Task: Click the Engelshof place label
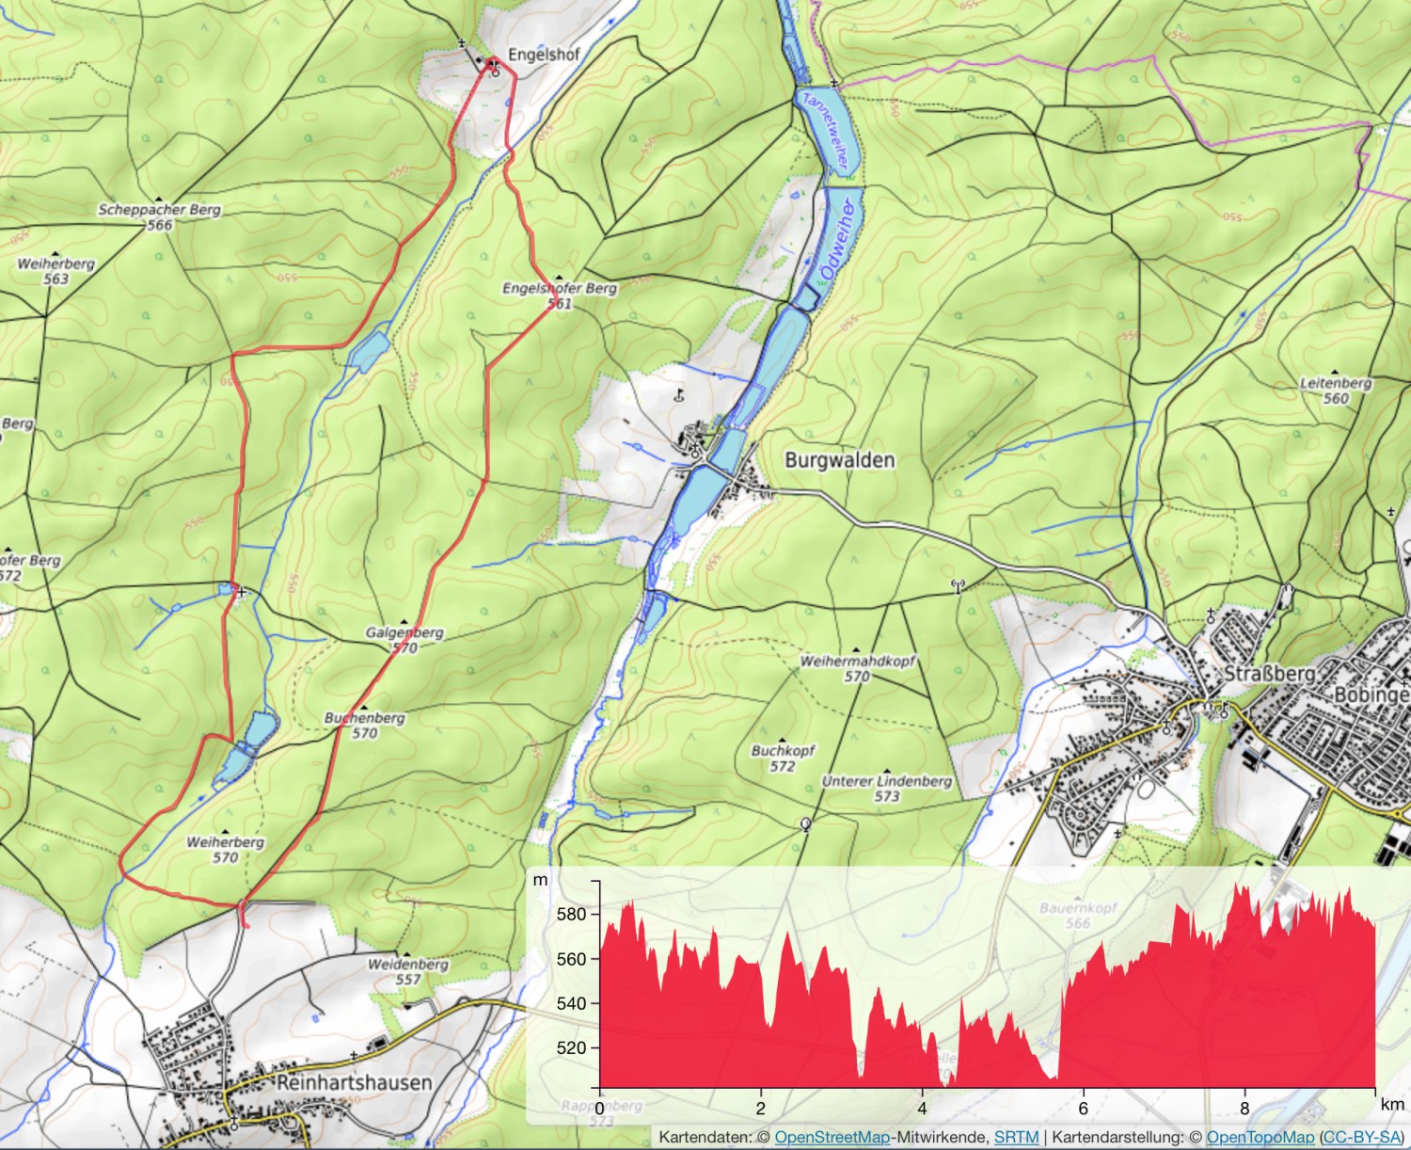(543, 55)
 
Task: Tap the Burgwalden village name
(839, 460)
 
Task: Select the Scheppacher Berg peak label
(159, 211)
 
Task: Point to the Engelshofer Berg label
(559, 289)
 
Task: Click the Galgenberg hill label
(404, 633)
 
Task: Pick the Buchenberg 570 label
(364, 725)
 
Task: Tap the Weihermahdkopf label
(857, 662)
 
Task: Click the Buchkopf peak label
(783, 751)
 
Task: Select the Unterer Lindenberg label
(886, 781)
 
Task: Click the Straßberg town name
(1269, 674)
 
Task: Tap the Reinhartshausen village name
(354, 1083)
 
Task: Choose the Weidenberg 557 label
(407, 971)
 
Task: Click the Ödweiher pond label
(836, 239)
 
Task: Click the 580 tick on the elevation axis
(571, 914)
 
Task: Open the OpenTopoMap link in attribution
(1260, 1138)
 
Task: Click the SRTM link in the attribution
(1016, 1138)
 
